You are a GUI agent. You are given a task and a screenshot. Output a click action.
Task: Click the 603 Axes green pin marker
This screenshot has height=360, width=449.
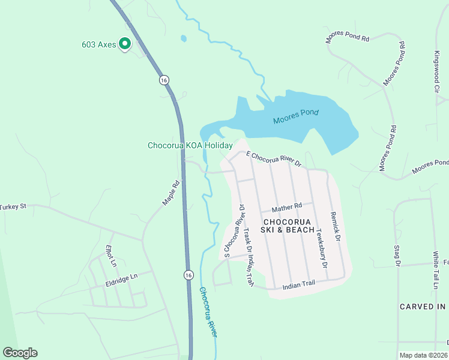125,43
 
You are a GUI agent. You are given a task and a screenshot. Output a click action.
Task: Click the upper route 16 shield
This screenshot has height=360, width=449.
163,79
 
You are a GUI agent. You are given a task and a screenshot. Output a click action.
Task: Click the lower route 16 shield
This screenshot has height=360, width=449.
189,274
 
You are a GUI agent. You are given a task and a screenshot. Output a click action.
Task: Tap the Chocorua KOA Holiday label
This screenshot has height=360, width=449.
190,146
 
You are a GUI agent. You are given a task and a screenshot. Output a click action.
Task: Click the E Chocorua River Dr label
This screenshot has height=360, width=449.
273,159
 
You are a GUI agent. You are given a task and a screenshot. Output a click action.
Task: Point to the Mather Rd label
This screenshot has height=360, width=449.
286,208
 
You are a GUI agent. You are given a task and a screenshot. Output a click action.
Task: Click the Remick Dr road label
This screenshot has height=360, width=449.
334,226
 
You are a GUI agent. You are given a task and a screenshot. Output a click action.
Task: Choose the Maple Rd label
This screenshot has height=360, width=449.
171,194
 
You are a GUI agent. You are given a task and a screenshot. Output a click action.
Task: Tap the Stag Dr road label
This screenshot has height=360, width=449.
397,254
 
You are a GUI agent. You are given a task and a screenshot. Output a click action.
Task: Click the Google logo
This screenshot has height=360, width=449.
20,353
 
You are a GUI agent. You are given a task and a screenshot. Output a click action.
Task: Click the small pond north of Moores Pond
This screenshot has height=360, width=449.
183,39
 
